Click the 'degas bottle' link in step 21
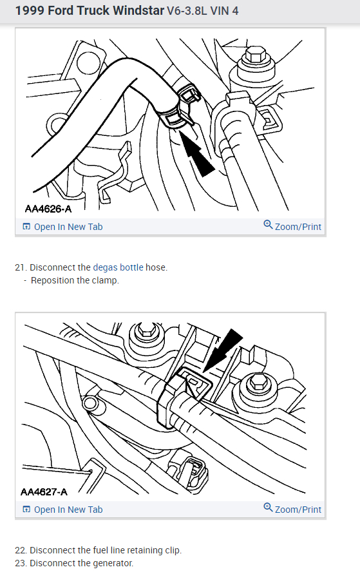118,267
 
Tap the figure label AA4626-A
48,209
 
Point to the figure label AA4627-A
44,492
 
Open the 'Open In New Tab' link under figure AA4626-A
62,227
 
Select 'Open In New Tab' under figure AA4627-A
62,510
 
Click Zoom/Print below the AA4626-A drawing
292,227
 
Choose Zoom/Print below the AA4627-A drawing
292,509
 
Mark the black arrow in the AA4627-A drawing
222,350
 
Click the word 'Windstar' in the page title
138,10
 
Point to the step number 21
21,267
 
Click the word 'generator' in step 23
112,563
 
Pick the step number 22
21,550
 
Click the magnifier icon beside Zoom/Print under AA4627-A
268,507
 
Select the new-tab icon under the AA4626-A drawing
26,226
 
